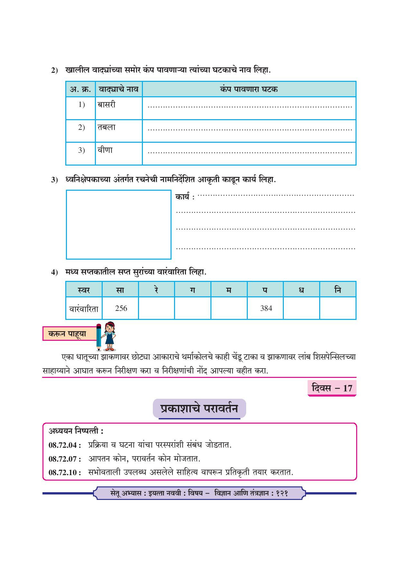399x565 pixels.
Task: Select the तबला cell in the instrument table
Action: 107,127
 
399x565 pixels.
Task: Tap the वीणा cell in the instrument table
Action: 105,150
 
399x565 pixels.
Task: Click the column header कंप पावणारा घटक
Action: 249,89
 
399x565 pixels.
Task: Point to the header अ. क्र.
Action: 80,89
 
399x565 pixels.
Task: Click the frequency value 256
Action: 121,308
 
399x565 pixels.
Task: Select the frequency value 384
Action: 266,308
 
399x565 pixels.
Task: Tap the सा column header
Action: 120,290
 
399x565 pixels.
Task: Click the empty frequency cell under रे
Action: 156,308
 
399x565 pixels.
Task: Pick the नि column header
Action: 338,290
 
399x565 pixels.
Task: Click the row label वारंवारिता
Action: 84,309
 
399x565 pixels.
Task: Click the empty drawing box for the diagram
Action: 118,225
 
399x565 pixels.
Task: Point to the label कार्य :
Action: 185,197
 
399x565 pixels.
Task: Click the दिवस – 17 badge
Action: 332,388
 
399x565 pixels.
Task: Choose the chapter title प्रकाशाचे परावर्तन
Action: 199,408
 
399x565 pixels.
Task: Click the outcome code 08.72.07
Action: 65,459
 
